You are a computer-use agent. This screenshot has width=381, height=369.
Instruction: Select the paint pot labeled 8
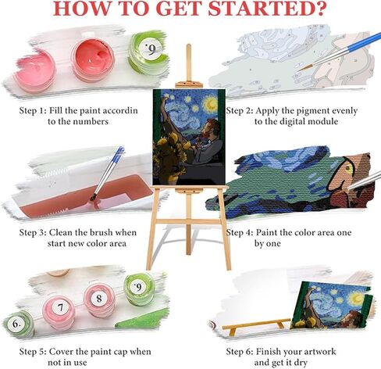[x=99, y=299]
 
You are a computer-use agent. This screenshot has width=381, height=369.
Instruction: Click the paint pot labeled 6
[x=18, y=323]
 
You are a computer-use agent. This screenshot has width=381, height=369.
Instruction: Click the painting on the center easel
[x=189, y=137]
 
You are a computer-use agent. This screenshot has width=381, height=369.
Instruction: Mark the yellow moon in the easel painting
[x=212, y=105]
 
